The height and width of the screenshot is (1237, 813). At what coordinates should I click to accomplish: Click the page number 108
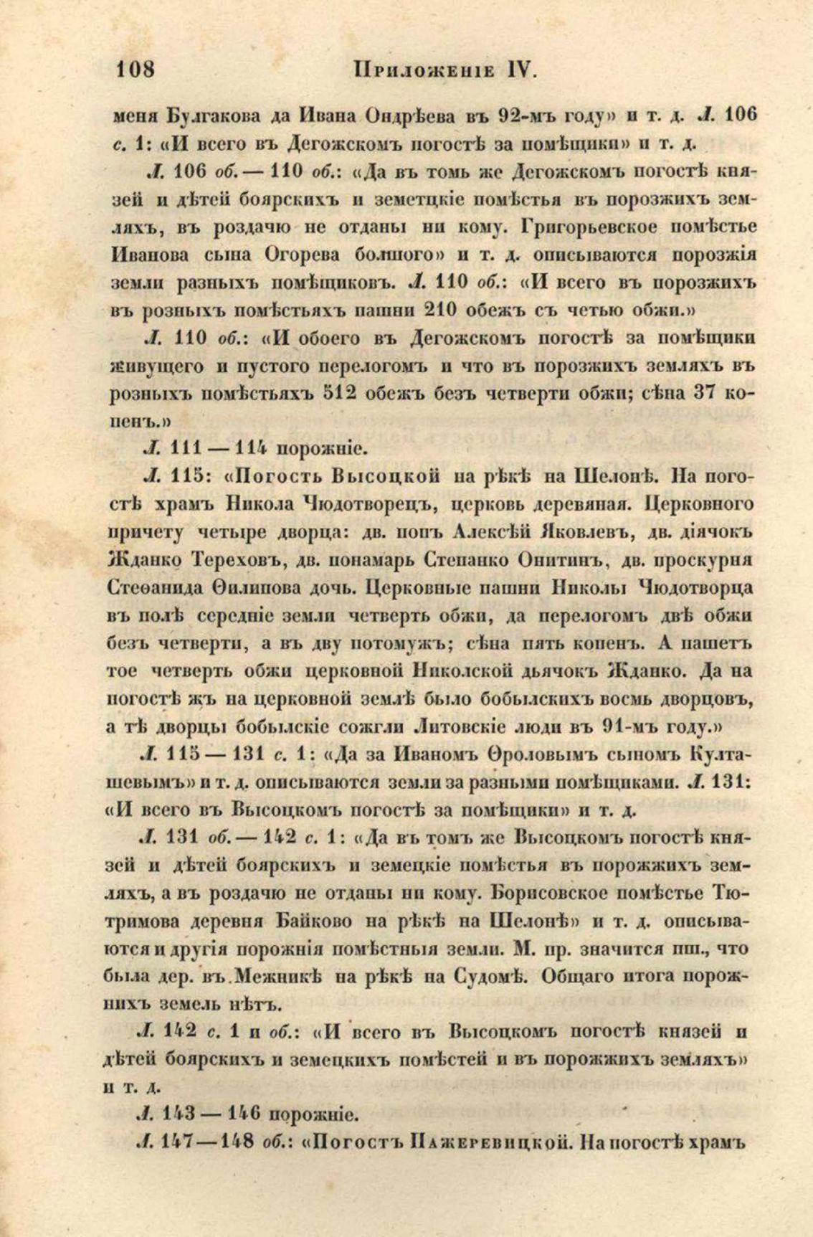[135, 70]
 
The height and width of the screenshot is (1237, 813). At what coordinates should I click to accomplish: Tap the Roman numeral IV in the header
[521, 70]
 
